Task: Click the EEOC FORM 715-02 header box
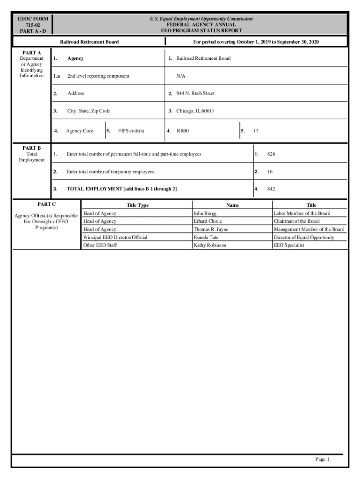[x=32, y=24]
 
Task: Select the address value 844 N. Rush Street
[x=195, y=94]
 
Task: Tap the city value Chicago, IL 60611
[x=195, y=111]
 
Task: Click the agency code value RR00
[x=182, y=131]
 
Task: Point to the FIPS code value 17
[x=256, y=131]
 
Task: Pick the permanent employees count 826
[x=271, y=154]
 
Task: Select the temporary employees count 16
[x=270, y=172]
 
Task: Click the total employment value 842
[x=271, y=189]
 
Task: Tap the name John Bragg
[x=205, y=213]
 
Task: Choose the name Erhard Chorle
[x=208, y=221]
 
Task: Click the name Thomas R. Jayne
[x=211, y=229]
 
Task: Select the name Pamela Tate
[x=206, y=237]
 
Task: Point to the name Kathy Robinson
[x=209, y=245]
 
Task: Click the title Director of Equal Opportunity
[x=304, y=237]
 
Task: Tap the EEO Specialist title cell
[x=289, y=245]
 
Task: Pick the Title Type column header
[x=137, y=205]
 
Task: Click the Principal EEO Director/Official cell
[x=115, y=237]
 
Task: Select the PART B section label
[x=32, y=148]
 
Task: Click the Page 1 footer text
[x=322, y=459]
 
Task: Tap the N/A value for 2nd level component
[x=180, y=76]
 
